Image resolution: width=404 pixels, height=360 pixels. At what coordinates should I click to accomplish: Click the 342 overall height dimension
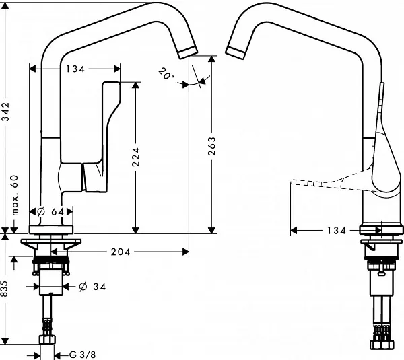(5, 112)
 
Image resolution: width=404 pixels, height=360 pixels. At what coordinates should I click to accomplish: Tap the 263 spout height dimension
(211, 146)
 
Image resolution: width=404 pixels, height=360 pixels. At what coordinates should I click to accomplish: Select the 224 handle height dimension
(135, 157)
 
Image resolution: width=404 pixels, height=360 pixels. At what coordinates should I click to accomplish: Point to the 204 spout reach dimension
(121, 252)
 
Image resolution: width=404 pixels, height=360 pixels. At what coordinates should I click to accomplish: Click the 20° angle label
(166, 73)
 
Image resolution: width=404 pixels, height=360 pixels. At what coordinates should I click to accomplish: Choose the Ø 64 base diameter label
(50, 212)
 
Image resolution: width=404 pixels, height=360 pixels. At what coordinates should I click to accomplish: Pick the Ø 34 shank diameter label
(92, 287)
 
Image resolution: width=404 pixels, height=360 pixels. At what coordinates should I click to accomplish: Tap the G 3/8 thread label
(82, 355)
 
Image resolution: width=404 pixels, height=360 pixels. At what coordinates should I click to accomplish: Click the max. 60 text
(15, 195)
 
